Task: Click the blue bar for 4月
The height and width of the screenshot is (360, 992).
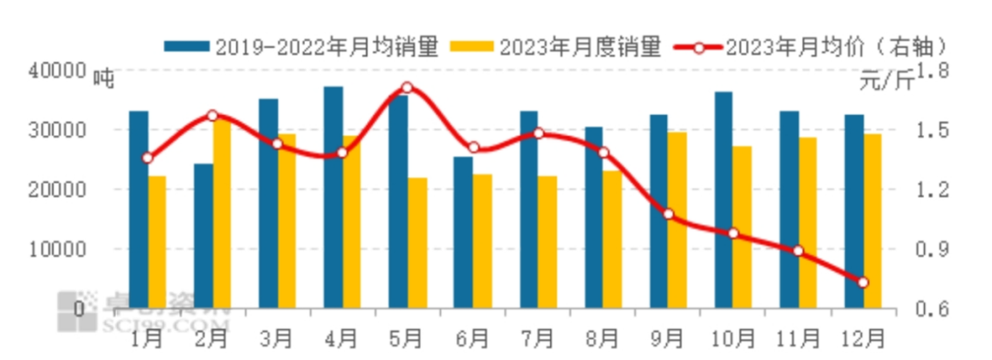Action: point(333,197)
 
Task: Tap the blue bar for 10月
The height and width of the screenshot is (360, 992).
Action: point(724,200)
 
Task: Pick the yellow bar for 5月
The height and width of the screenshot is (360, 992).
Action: point(418,242)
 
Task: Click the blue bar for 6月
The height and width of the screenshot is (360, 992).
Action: point(463,232)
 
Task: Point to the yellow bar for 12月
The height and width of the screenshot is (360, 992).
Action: point(873,220)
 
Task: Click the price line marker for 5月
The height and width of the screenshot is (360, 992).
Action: point(408,88)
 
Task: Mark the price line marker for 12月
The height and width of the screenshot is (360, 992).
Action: point(862,282)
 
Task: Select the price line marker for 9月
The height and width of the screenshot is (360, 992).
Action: point(668,214)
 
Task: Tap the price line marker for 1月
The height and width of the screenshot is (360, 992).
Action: point(148,158)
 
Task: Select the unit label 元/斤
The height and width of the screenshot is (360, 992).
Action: point(886,82)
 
